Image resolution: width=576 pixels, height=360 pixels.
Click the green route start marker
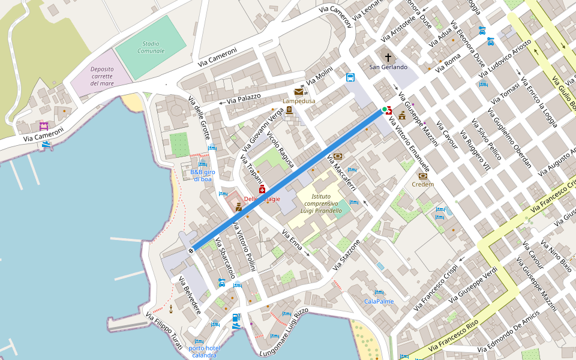(385, 109)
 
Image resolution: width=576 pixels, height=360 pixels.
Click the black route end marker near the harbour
(191, 250)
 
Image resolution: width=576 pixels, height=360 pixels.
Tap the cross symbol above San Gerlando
(388, 58)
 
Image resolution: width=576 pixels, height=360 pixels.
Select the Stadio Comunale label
(151, 47)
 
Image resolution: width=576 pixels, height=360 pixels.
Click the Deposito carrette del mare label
(102, 76)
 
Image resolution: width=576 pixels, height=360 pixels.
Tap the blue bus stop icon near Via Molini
(350, 77)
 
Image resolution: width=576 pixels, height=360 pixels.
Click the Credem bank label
(422, 184)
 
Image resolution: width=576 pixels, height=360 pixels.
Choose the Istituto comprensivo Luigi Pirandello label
(319, 203)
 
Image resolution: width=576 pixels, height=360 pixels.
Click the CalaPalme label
(379, 301)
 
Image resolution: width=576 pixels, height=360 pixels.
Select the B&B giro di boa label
(202, 175)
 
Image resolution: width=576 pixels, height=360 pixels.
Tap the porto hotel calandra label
(204, 352)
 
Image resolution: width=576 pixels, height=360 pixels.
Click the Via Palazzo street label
(243, 98)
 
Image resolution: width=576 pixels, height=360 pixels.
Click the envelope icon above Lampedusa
(299, 92)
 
